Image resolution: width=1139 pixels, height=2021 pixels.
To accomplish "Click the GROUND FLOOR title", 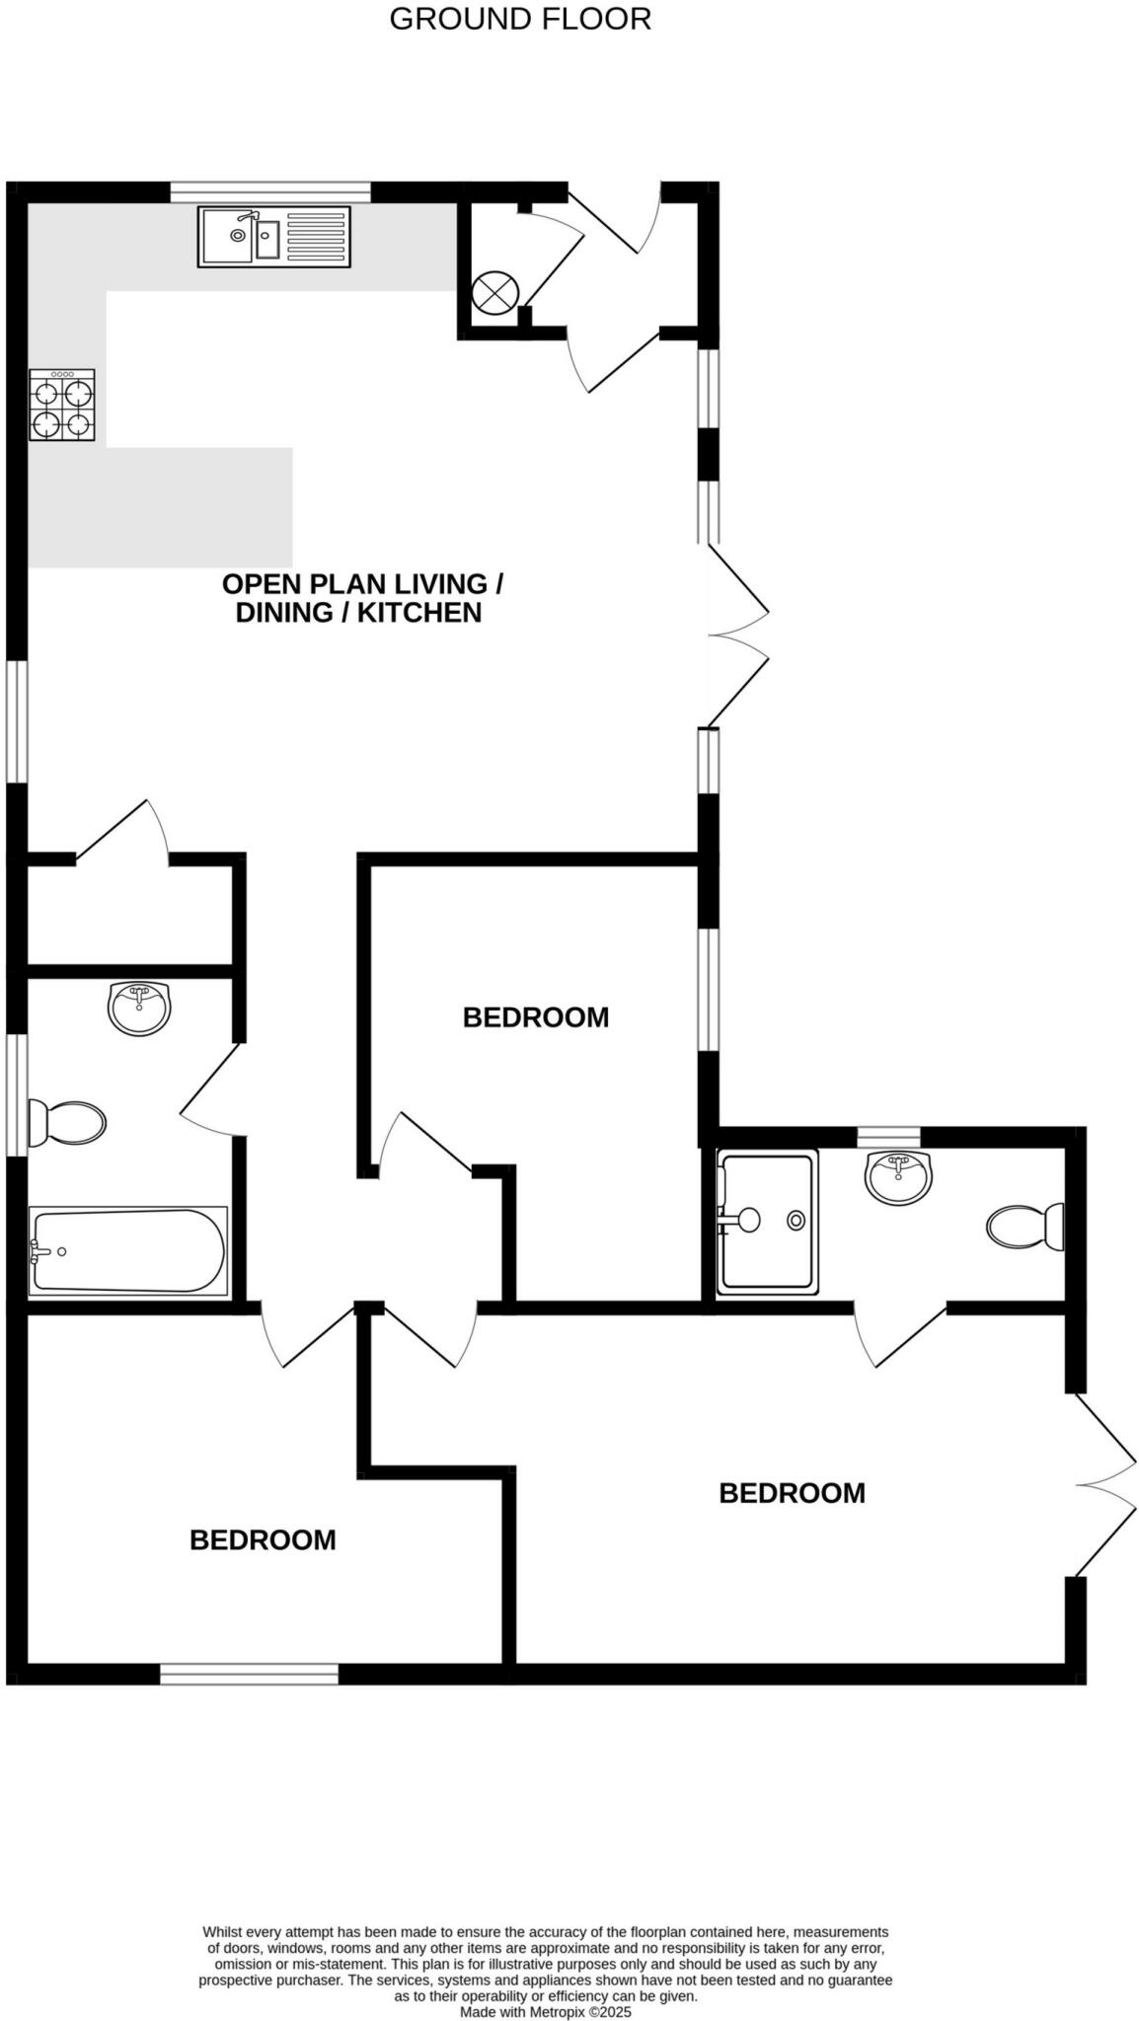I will tap(520, 19).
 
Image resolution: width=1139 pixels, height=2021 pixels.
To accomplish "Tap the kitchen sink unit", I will tap(273, 237).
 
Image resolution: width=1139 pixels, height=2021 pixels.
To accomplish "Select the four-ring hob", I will tap(62, 405).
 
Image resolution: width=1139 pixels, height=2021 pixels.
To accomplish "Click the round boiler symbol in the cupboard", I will tap(494, 292).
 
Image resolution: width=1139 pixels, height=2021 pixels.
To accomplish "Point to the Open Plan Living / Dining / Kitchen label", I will tap(361, 598).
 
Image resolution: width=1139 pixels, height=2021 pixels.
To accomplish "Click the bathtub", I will tap(128, 1250).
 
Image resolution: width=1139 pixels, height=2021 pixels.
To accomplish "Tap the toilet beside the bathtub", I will tap(67, 1123).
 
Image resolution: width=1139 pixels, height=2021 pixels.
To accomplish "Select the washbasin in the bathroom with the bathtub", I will tap(139, 1008).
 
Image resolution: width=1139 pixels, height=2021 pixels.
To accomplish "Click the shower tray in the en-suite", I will tap(767, 1222).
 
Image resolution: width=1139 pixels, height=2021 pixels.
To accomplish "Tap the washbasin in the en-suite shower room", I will tap(898, 1176).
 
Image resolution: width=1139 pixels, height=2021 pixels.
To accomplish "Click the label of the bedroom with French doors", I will tap(792, 1493).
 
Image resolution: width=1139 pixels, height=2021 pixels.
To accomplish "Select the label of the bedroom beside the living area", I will tap(536, 1017).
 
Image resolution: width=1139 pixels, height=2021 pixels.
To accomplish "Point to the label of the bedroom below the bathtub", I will tap(263, 1539).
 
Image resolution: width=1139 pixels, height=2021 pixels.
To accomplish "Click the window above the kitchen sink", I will tap(270, 192).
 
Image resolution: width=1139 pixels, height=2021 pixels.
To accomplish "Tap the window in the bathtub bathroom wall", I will tap(16, 1093).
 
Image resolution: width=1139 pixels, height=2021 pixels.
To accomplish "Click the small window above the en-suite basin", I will tap(888, 1137).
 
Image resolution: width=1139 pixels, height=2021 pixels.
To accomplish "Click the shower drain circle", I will tap(796, 1221).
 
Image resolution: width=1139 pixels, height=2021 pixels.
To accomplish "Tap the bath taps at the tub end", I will tap(38, 1251).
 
